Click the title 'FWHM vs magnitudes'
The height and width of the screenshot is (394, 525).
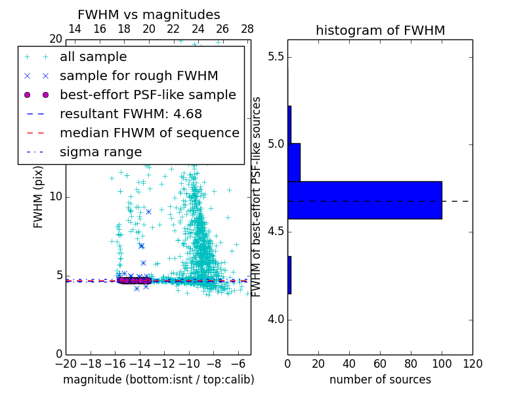coord(149,14)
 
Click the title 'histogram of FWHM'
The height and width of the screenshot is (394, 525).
coord(380,30)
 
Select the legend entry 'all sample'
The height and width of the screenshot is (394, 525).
coord(93,57)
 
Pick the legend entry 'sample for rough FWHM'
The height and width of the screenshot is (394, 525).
coord(138,76)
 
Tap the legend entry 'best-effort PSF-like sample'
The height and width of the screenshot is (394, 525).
coord(148,95)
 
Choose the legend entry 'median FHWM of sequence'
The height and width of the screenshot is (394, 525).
coord(149,133)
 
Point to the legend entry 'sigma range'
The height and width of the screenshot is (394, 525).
coord(100,152)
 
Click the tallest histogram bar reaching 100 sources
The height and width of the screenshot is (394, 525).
coord(364,200)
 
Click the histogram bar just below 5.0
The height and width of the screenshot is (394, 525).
coord(294,162)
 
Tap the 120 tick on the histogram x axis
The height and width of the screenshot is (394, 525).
coord(472,364)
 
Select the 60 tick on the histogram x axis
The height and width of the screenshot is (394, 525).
coord(380,364)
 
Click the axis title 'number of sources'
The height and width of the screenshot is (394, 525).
coord(380,380)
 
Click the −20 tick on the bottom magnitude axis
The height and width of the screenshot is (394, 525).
coord(66,364)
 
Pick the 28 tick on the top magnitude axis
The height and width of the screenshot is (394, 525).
coord(247,29)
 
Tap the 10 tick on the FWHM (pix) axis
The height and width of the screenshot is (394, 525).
coord(56,197)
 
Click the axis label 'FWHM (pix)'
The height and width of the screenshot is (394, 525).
coord(39,197)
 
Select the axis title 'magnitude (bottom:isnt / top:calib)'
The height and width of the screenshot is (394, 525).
coord(158,380)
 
